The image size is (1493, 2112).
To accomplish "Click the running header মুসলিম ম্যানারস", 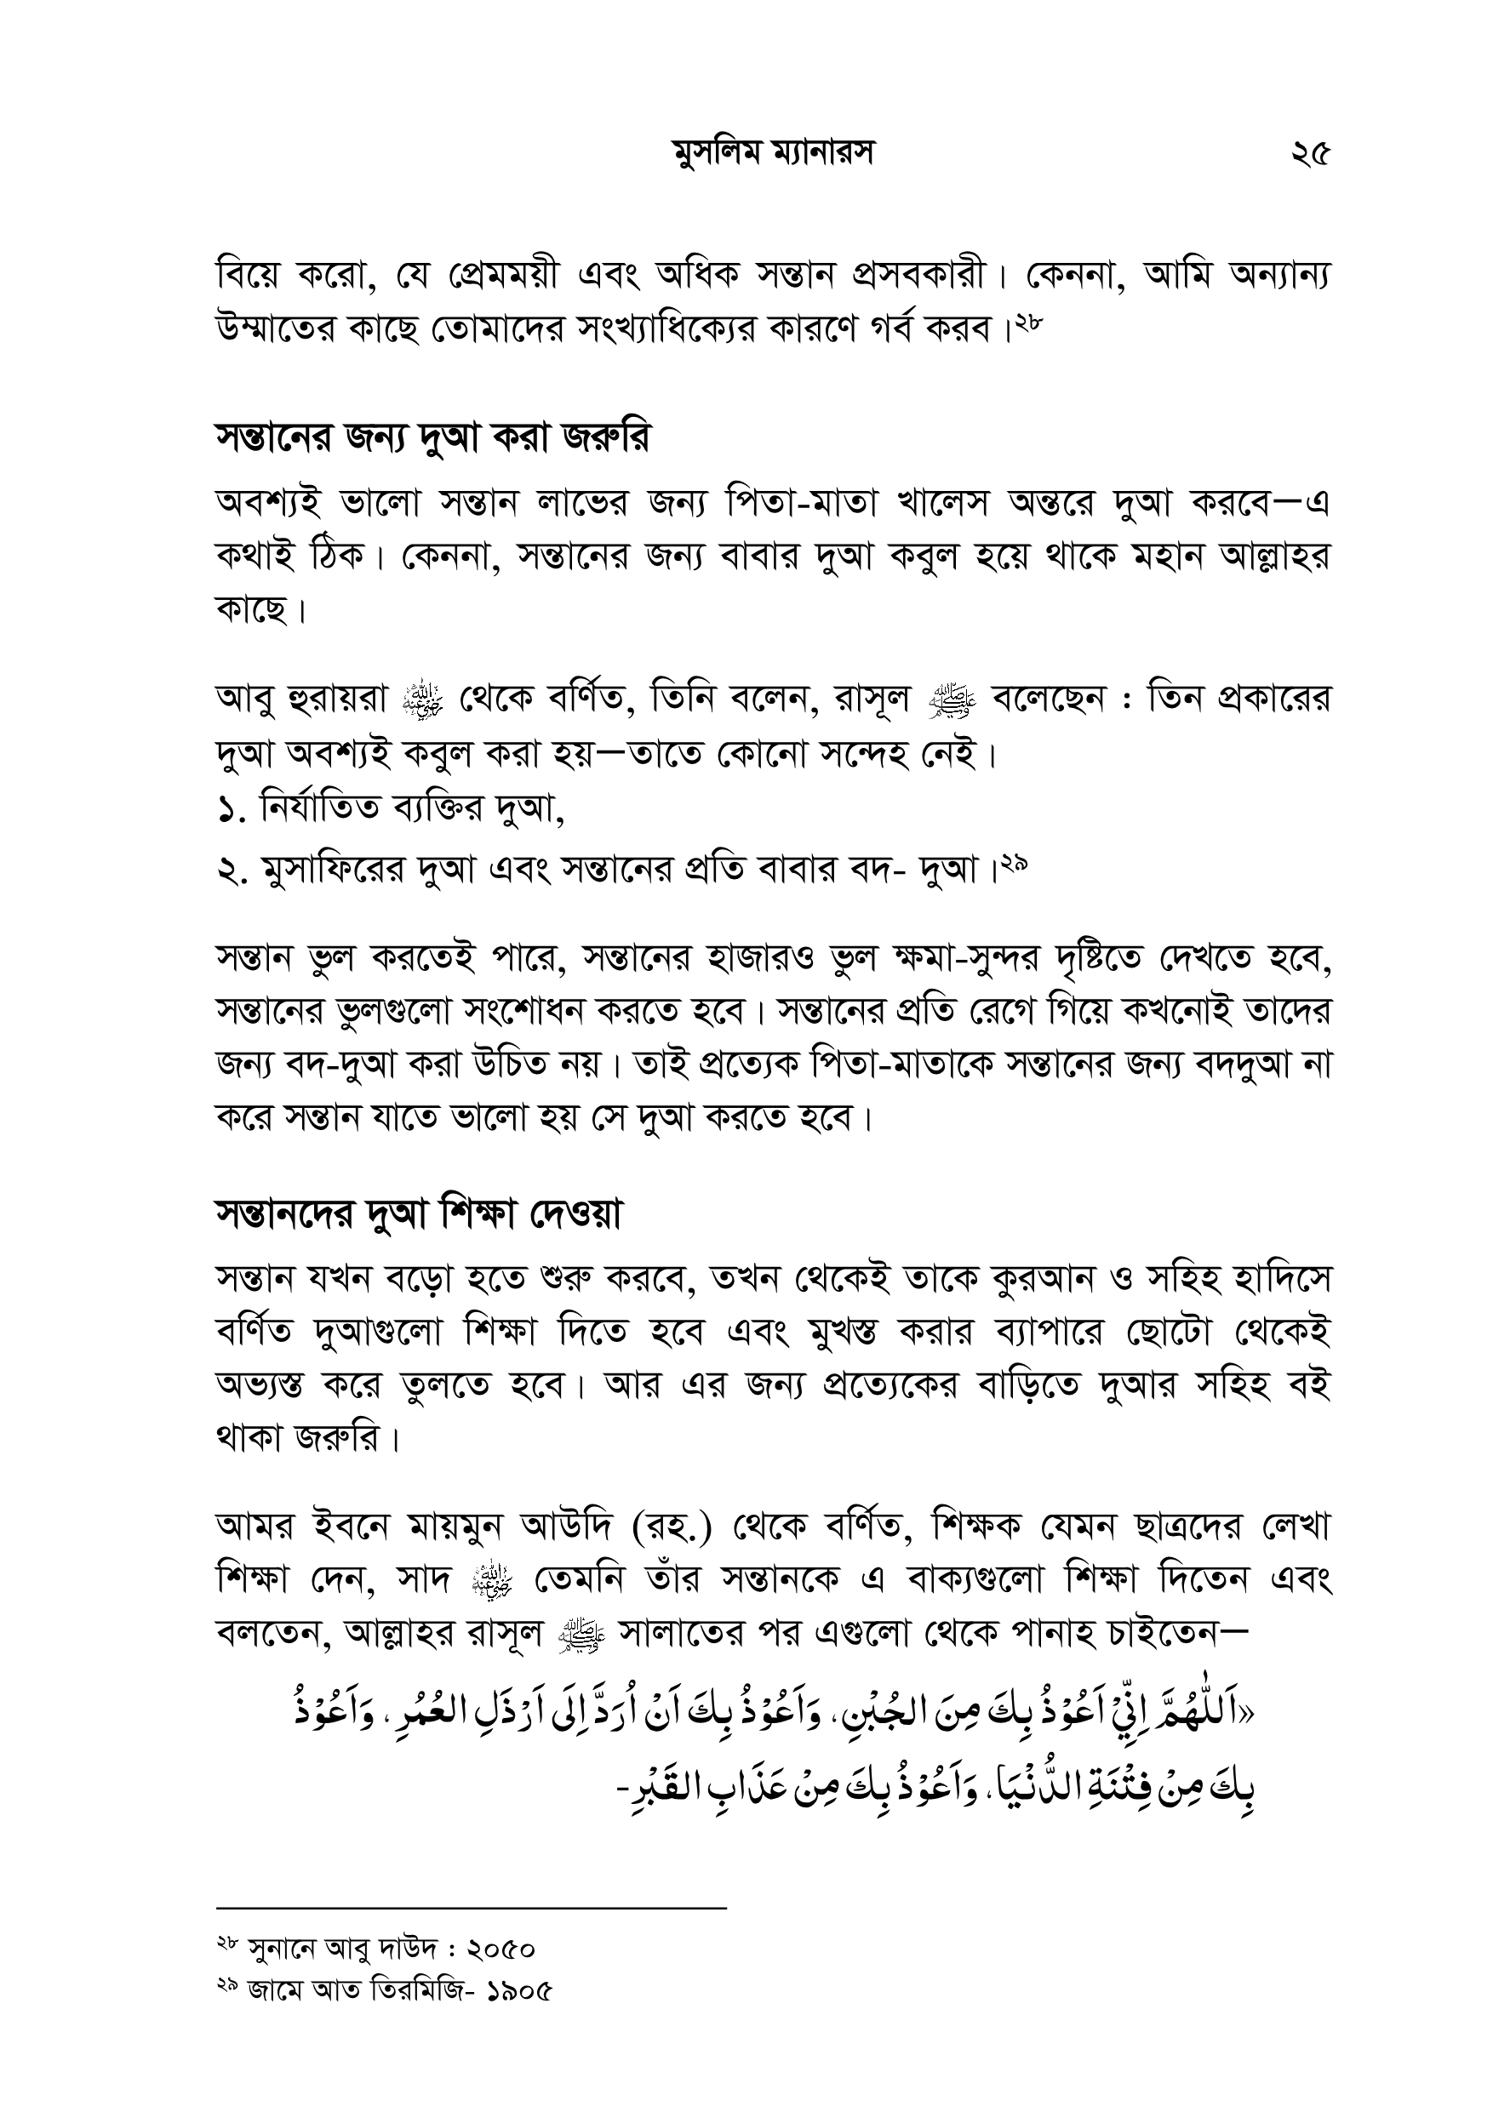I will (773, 155).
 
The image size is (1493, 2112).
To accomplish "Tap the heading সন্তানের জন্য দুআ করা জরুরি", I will (432, 439).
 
